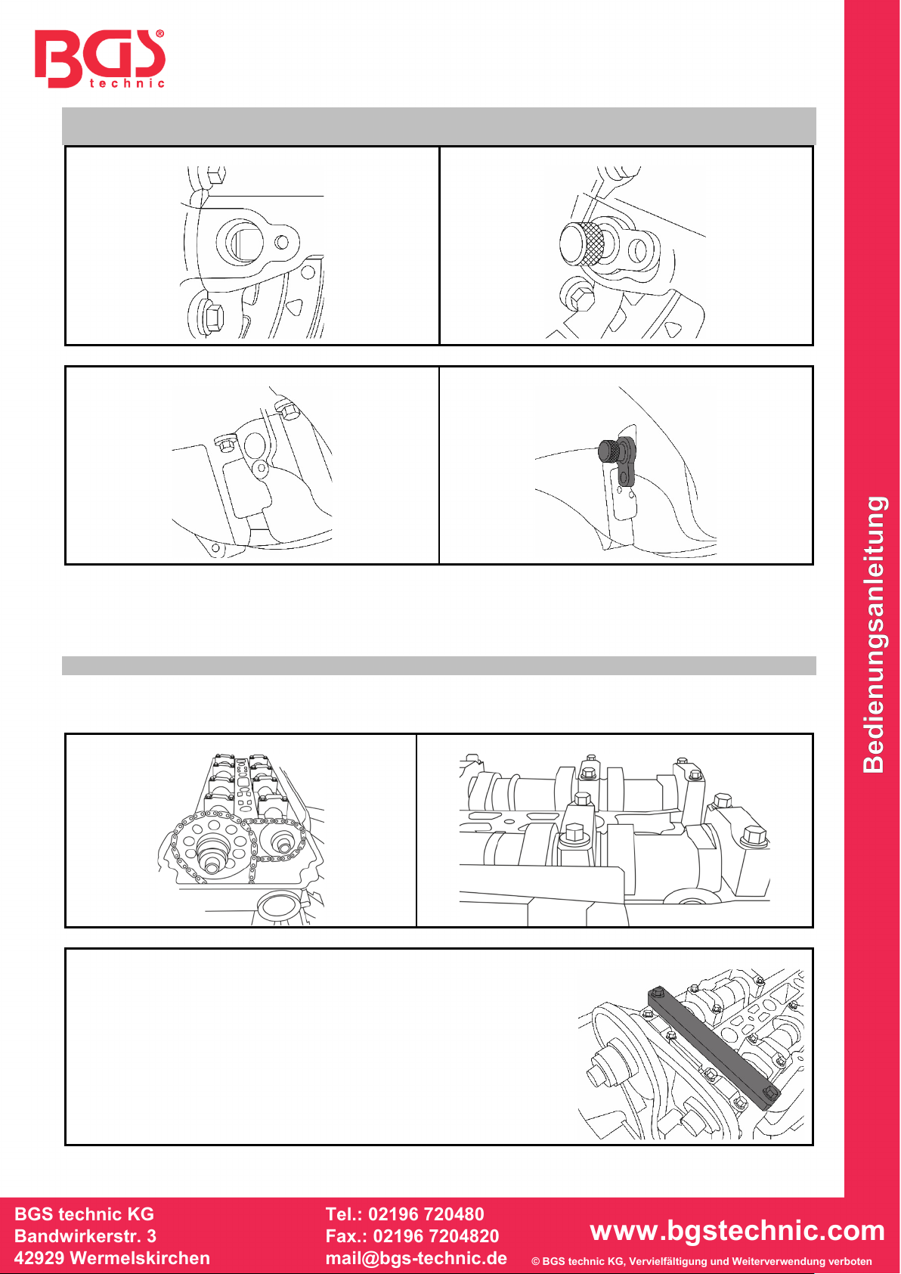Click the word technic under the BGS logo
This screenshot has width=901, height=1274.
pos(127,84)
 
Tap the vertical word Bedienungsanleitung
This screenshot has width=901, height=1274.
pos(874,634)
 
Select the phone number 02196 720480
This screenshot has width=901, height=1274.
pos(426,1214)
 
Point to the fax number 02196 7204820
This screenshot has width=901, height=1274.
pos(436,1236)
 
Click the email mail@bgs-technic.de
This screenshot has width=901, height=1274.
pos(416,1258)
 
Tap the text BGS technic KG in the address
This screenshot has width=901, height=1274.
pos(84,1214)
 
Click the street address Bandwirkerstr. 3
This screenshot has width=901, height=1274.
pos(85,1236)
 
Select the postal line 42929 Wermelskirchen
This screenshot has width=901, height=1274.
pos(112,1258)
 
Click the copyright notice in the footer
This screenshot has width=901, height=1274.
pos(701,1261)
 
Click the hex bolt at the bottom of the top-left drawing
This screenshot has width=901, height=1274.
pos(212,317)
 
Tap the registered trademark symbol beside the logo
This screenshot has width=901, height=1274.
pos(159,34)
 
